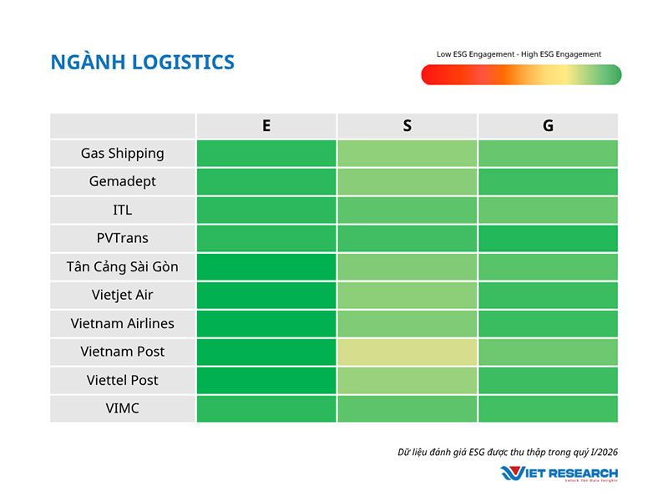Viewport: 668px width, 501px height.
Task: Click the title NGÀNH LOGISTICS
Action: coord(142,62)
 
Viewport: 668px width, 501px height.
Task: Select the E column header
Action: coord(266,126)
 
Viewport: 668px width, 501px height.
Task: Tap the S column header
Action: coord(407,126)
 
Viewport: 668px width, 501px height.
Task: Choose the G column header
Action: coord(548,126)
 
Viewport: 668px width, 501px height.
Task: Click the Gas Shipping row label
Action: coord(123,154)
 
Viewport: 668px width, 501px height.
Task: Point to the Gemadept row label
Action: coord(123,182)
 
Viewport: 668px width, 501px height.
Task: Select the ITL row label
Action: coord(123,210)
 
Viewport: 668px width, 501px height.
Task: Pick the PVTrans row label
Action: coord(123,239)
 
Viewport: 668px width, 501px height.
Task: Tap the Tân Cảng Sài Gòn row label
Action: coord(123,267)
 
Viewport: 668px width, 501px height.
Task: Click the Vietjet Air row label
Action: coord(123,296)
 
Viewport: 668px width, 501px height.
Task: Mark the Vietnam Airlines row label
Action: coord(123,324)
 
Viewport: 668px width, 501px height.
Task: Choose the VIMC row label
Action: coord(123,409)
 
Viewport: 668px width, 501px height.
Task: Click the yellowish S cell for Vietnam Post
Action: coord(407,352)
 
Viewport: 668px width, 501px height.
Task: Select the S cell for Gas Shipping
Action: coord(407,154)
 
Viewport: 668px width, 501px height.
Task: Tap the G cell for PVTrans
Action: coord(548,239)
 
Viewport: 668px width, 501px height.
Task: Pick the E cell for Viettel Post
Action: coord(266,381)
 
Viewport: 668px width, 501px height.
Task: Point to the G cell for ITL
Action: coord(548,210)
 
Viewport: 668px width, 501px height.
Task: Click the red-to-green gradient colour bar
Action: coord(521,75)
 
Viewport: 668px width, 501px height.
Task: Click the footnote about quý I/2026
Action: coord(508,453)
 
